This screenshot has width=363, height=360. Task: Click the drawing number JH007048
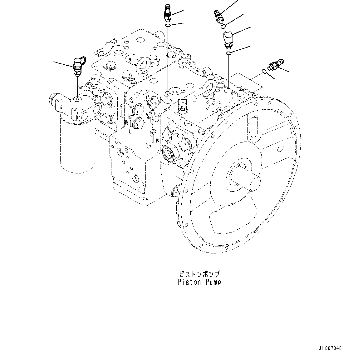click(x=330, y=348)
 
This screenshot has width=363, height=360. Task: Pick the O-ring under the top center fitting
click(x=168, y=26)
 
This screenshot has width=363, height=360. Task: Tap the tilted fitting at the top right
click(x=218, y=16)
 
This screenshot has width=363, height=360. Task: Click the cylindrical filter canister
click(x=77, y=144)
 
